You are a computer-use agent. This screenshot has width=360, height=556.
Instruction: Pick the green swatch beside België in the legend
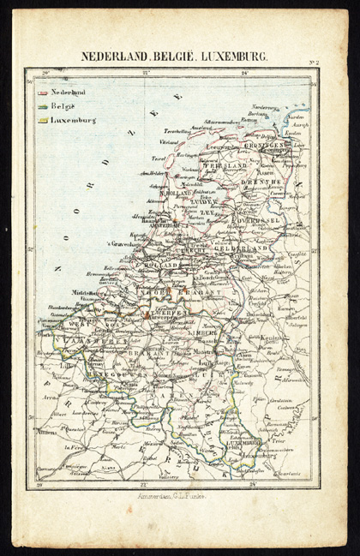click(42, 105)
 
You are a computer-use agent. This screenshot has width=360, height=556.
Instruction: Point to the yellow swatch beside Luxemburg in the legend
click(42, 121)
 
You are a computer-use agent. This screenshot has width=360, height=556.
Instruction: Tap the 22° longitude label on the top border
click(146, 73)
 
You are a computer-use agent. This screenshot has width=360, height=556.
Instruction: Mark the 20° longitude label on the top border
click(45, 73)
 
